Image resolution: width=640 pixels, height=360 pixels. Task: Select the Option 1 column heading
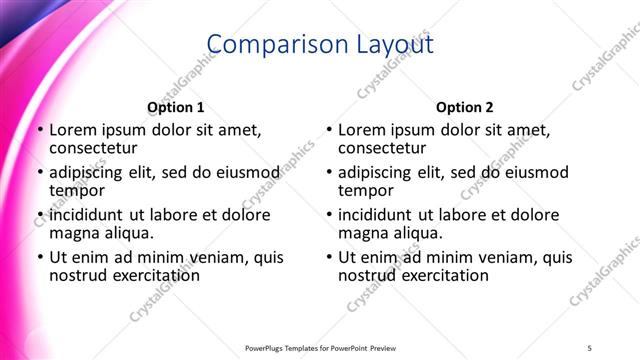[x=175, y=107]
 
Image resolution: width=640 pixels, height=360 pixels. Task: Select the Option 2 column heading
[x=464, y=107]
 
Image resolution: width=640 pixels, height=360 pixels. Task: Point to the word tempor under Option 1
[x=76, y=190]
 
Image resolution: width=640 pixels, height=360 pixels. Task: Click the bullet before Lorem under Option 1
[x=39, y=130]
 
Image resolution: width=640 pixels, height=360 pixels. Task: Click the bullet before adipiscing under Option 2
[x=328, y=172]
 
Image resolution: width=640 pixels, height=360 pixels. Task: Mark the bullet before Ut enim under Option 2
[x=328, y=257]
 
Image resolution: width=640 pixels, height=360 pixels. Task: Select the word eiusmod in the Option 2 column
[x=537, y=172]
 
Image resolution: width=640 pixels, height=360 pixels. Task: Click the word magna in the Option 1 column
[x=75, y=233]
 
